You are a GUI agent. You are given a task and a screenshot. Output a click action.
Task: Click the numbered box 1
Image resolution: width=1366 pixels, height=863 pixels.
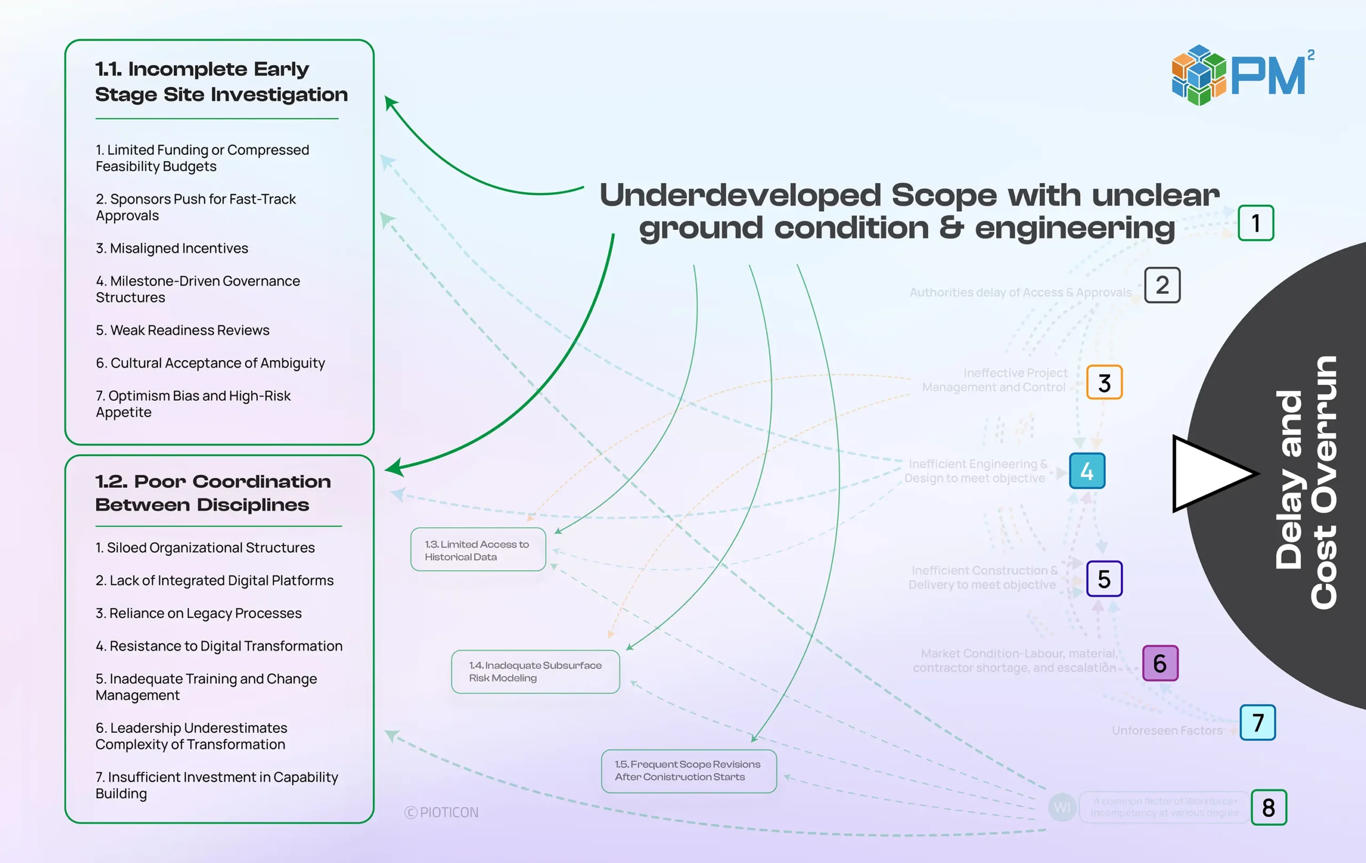(1256, 223)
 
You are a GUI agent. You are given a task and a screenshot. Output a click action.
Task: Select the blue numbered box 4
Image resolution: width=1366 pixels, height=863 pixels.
(1086, 471)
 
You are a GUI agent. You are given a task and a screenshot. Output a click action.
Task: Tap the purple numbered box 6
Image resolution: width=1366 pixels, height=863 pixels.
(1159, 663)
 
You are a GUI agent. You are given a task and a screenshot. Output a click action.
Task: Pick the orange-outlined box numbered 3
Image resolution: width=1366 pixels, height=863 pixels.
(1104, 383)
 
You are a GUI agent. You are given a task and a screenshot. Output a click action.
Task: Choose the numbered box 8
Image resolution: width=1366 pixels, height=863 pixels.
(1268, 807)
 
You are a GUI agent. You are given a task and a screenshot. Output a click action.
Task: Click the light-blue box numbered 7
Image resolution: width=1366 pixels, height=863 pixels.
(1257, 722)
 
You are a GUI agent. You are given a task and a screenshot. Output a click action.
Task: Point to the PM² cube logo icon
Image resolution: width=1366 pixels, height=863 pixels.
(1198, 75)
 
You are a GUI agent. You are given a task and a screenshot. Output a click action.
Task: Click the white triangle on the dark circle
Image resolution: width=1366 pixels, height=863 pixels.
(1208, 474)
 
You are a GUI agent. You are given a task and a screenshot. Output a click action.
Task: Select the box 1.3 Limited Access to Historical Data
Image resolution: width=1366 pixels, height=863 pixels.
(478, 550)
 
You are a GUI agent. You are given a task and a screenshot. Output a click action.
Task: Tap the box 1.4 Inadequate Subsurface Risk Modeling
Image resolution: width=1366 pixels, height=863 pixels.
(535, 672)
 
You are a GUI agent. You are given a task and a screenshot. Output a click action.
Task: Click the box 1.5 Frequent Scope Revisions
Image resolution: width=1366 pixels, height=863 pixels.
(688, 771)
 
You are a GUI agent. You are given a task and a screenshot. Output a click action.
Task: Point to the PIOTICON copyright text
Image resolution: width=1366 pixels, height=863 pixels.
(442, 812)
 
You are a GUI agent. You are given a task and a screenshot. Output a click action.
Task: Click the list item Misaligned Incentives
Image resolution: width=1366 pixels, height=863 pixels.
(172, 249)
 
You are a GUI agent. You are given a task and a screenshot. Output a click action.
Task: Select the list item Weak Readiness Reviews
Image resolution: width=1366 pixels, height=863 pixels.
(182, 330)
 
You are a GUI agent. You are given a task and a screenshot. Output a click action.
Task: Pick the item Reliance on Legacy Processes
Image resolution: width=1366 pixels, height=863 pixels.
(198, 613)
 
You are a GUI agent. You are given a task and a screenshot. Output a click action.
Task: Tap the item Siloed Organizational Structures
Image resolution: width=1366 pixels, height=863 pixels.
(205, 548)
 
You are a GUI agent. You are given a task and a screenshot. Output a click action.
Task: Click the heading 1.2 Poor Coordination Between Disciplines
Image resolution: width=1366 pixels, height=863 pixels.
(213, 493)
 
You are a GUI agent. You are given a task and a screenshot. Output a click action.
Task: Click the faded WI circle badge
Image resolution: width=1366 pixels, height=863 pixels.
(1061, 807)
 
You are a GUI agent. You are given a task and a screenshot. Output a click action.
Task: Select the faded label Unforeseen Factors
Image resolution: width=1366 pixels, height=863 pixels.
(1166, 730)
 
